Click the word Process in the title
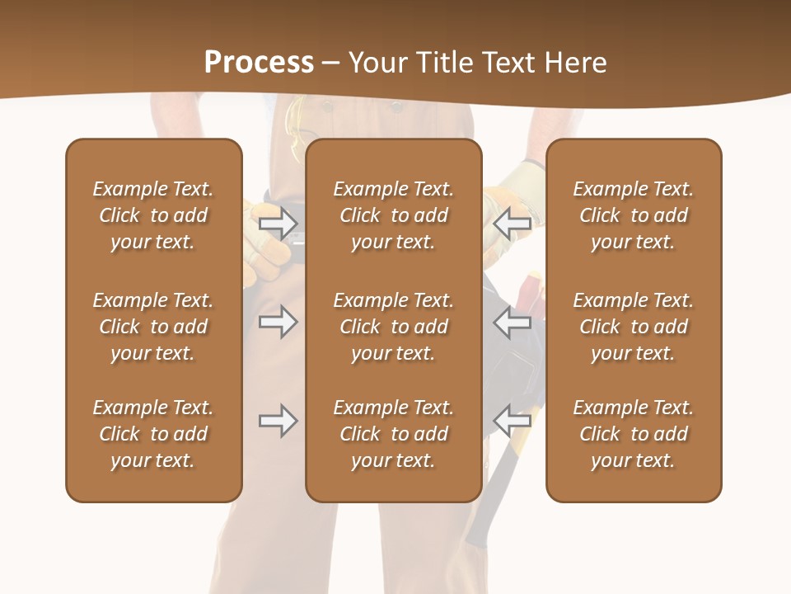coord(259,63)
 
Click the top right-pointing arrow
coord(278,223)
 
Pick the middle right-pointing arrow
coord(278,322)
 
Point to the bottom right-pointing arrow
coord(278,421)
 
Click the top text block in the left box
coord(153,215)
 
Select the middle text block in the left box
coord(153,327)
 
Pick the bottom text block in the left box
coord(153,434)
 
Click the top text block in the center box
coord(394,215)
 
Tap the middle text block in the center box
coord(394,327)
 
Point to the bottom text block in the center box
coord(394,434)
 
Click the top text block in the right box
coord(634,215)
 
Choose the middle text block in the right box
coord(634,327)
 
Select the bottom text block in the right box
coord(634,434)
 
